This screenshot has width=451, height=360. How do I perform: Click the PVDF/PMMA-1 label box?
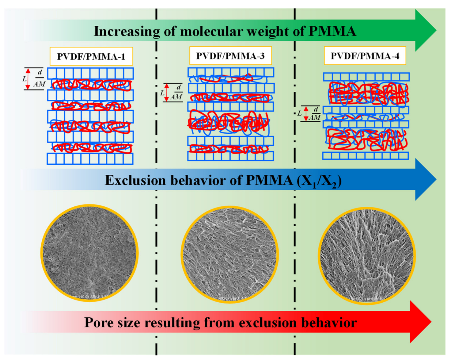pos(91,56)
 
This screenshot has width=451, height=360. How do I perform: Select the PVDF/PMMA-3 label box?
pos(230,56)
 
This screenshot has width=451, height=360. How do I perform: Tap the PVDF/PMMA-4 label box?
pos(365,56)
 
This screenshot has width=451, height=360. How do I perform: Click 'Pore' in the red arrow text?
pos(97,323)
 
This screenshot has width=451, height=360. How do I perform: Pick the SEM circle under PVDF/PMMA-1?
pos(89,253)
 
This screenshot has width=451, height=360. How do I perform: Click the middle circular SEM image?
pos(230,254)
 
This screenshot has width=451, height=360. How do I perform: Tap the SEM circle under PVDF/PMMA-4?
pos(367,256)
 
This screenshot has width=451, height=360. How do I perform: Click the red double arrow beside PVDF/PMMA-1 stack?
pos(28,79)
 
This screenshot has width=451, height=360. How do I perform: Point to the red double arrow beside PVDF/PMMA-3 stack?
pos(167,92)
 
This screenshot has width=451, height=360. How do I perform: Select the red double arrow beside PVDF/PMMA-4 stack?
pos(306,113)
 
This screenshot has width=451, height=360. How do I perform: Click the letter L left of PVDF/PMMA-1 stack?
pos(24,79)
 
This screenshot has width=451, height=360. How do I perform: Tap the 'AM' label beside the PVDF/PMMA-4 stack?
pos(315,117)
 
